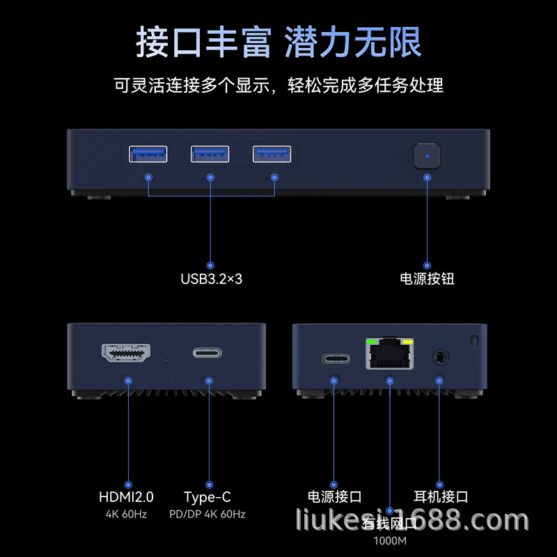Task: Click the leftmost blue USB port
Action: point(148,154)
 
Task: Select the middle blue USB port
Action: point(210,154)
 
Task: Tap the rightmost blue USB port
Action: point(272,154)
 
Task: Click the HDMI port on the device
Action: point(127,354)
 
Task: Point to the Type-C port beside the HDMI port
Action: point(208,353)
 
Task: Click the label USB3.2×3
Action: point(211,279)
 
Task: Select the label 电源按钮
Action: point(427,278)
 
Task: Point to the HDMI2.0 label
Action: point(126,497)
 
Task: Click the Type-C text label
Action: point(207,497)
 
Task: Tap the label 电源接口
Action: point(335,497)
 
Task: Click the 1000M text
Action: point(389,541)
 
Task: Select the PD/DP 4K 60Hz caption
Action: point(207,515)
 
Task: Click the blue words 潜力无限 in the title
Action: point(353,43)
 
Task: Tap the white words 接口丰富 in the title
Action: point(203,43)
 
